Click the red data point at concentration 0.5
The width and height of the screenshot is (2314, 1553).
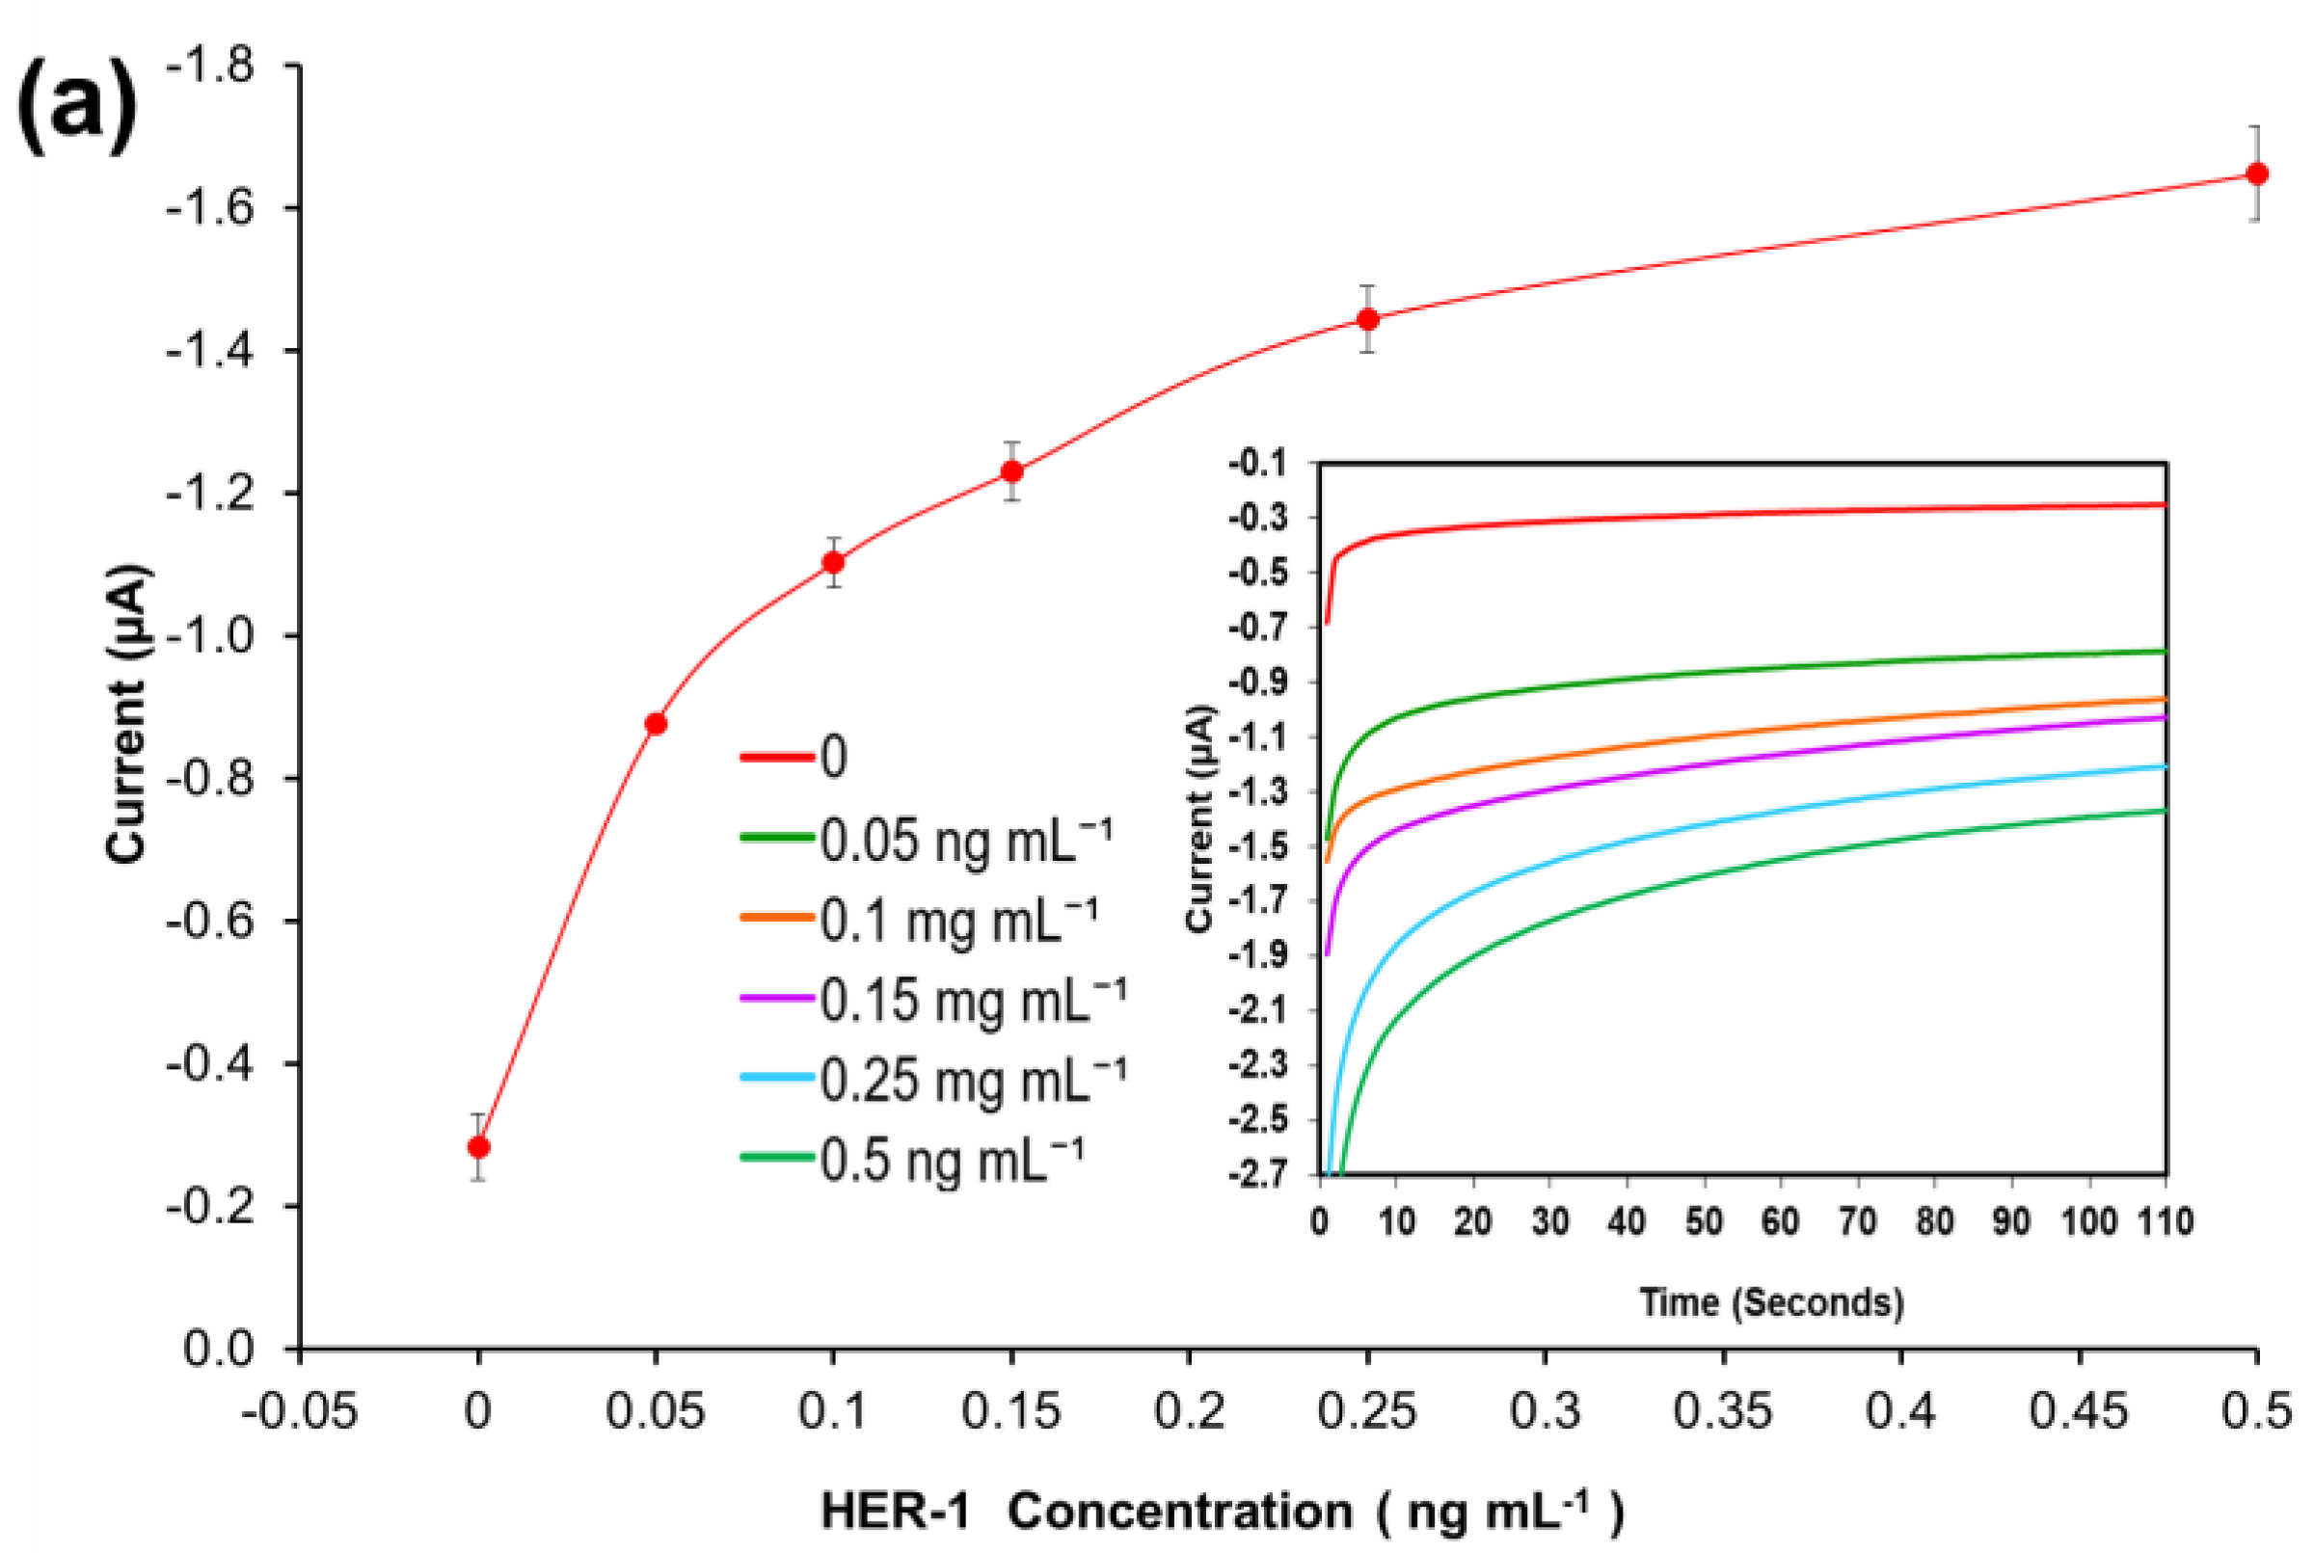coord(2256,174)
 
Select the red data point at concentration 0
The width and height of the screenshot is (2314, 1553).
coord(478,1147)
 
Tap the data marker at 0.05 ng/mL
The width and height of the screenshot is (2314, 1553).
coord(656,724)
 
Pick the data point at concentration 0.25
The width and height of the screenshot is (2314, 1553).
coord(1368,319)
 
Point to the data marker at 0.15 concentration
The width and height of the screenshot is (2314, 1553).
coord(1011,471)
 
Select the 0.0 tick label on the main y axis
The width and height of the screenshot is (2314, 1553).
coord(218,1348)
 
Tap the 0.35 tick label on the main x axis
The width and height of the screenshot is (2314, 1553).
coord(1723,1411)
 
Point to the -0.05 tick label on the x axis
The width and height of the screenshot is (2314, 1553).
coord(299,1411)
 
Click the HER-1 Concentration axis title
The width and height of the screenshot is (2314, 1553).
coord(1223,1512)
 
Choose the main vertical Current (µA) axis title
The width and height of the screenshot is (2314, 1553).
coord(129,713)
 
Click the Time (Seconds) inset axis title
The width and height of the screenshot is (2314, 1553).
coord(1770,1301)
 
